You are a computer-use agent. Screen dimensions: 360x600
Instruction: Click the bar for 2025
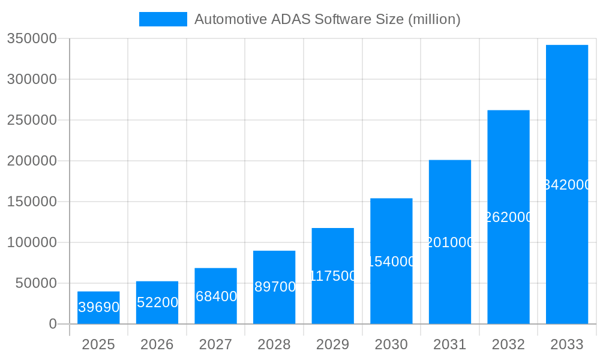click(98, 308)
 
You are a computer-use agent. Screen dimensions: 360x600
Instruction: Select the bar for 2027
click(215, 296)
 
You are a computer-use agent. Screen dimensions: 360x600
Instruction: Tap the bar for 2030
click(391, 261)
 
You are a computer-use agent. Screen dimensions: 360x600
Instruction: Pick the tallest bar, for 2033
click(566, 184)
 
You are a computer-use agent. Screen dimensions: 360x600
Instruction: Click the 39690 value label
click(99, 307)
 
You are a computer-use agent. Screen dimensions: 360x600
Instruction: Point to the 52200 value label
click(157, 302)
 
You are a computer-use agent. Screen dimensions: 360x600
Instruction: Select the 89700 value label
click(275, 287)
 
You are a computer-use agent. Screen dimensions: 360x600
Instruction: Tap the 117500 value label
click(333, 276)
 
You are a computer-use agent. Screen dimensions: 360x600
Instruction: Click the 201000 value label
click(450, 242)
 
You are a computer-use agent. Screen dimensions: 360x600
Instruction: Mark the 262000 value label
click(508, 217)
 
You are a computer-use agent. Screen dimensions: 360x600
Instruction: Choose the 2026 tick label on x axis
click(157, 344)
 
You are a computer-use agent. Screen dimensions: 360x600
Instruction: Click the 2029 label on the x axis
click(332, 344)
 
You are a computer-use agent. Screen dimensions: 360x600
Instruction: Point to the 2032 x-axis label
click(508, 344)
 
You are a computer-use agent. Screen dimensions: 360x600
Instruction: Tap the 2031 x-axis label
click(449, 344)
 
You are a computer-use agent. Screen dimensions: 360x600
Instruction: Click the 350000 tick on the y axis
click(31, 39)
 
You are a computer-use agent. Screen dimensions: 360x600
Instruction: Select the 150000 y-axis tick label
click(31, 202)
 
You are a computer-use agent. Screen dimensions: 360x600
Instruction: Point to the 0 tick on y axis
click(52, 324)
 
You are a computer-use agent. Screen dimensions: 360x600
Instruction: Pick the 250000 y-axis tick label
click(31, 120)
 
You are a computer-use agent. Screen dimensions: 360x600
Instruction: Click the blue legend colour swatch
click(163, 19)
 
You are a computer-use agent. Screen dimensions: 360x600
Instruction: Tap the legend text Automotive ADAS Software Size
click(327, 19)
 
